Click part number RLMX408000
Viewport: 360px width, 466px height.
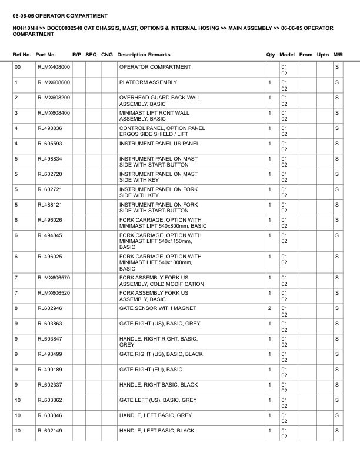click(x=54, y=67)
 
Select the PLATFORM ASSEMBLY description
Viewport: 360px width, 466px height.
click(x=148, y=82)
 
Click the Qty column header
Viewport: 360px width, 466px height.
click(x=270, y=55)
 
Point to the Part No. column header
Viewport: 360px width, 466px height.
click(x=46, y=55)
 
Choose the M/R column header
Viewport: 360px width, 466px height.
click(x=338, y=55)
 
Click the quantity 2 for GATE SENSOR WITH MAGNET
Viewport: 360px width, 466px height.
click(x=269, y=308)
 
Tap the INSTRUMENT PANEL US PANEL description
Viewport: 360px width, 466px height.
click(x=159, y=144)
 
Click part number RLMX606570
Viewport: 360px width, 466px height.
click(x=54, y=278)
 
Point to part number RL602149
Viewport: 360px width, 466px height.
click(x=49, y=431)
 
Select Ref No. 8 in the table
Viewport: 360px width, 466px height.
click(x=16, y=308)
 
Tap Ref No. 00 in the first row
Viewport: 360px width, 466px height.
click(x=18, y=67)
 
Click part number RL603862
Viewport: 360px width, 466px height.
click(x=49, y=400)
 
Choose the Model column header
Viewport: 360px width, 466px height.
click(x=287, y=55)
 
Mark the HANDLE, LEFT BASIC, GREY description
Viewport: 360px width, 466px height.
click(x=156, y=415)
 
